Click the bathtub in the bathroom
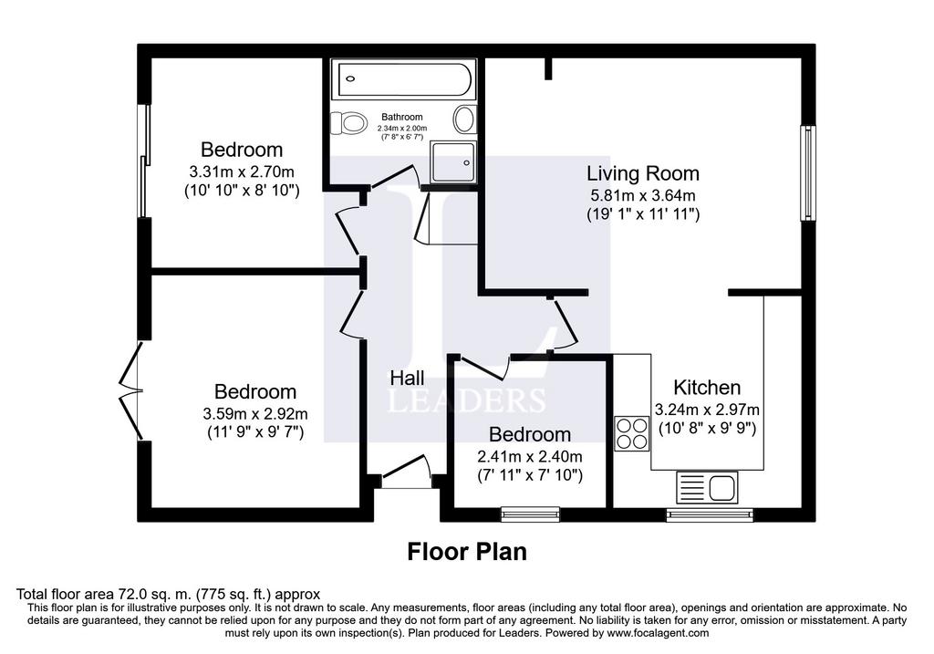coord(402,80)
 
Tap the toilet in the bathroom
coord(348,122)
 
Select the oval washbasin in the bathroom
coord(464,119)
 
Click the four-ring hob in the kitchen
coord(631,434)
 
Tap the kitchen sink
coord(710,489)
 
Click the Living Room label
coord(642,173)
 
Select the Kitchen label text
coord(707,387)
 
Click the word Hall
coord(407,378)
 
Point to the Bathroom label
coord(402,117)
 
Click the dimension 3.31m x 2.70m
coord(242,171)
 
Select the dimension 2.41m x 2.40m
coord(529,457)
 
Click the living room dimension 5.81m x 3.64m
coord(642,195)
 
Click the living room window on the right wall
coord(807,173)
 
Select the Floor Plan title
coord(466,552)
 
